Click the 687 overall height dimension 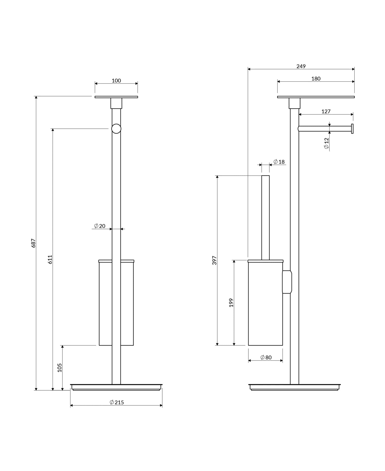pos(33,243)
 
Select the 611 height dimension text pos(50,259)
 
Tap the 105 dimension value pos(60,367)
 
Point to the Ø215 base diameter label pos(117,402)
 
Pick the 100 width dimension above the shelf pos(116,81)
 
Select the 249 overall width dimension pos(301,66)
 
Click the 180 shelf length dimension pos(316,79)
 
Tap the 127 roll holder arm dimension pos(326,112)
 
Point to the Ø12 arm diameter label pos(326,143)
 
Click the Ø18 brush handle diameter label pos(279,162)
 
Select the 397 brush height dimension pos(215,260)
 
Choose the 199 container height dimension pos(231,302)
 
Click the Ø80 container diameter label pos(266,357)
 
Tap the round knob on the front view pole pos(116,129)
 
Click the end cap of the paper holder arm pos(352,129)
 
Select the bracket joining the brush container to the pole pos(287,282)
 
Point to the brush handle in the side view pos(265,217)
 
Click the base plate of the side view pos(294,387)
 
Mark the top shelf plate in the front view pos(116,97)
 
